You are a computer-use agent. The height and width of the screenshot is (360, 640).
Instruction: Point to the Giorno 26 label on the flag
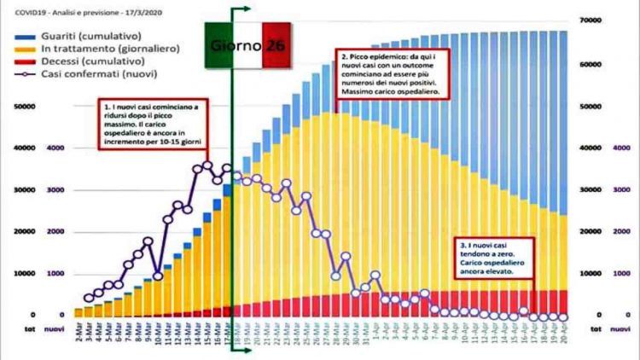click(x=248, y=44)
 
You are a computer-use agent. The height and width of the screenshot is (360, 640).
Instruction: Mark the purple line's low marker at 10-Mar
click(x=158, y=276)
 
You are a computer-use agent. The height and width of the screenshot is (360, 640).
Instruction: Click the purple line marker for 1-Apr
click(x=375, y=275)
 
